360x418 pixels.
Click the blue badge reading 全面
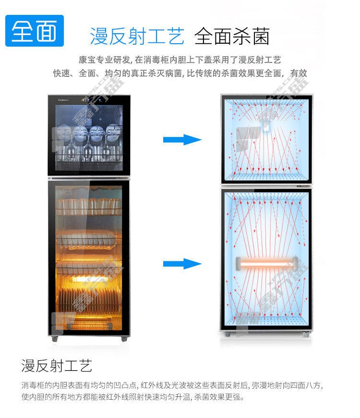(x=35, y=31)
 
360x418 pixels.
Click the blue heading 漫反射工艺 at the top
(x=137, y=36)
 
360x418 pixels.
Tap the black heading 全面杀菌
(x=232, y=36)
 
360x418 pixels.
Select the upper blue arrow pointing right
(x=182, y=139)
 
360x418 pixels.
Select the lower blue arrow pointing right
(x=182, y=264)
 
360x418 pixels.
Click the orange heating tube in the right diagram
(x=267, y=263)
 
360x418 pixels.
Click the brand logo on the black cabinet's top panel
(x=63, y=100)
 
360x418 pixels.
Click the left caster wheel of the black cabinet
(x=55, y=339)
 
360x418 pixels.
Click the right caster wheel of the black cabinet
(x=124, y=339)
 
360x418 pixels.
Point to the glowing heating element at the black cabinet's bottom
(x=90, y=322)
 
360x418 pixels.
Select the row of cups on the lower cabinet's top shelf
(x=89, y=206)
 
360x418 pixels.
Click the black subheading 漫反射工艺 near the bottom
(x=57, y=366)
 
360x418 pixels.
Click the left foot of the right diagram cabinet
(x=228, y=334)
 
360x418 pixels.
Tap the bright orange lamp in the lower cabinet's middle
(x=90, y=279)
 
